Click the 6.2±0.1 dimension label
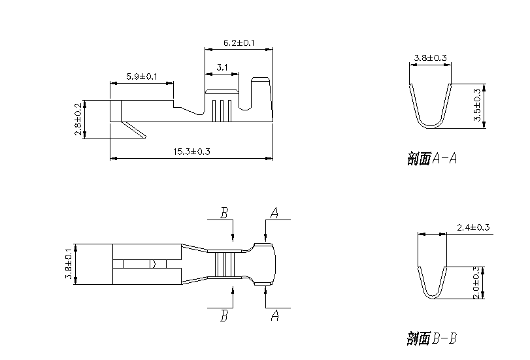click(x=239, y=42)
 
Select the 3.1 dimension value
click(x=222, y=67)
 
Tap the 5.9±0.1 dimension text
click(x=142, y=76)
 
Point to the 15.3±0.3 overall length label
click(x=191, y=152)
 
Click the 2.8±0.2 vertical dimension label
click(x=78, y=119)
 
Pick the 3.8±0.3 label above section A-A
click(x=431, y=58)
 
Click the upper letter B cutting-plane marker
click(x=224, y=213)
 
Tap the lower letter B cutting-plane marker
click(x=224, y=316)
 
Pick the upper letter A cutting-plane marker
click(x=274, y=213)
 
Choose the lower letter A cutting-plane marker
click(x=274, y=316)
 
